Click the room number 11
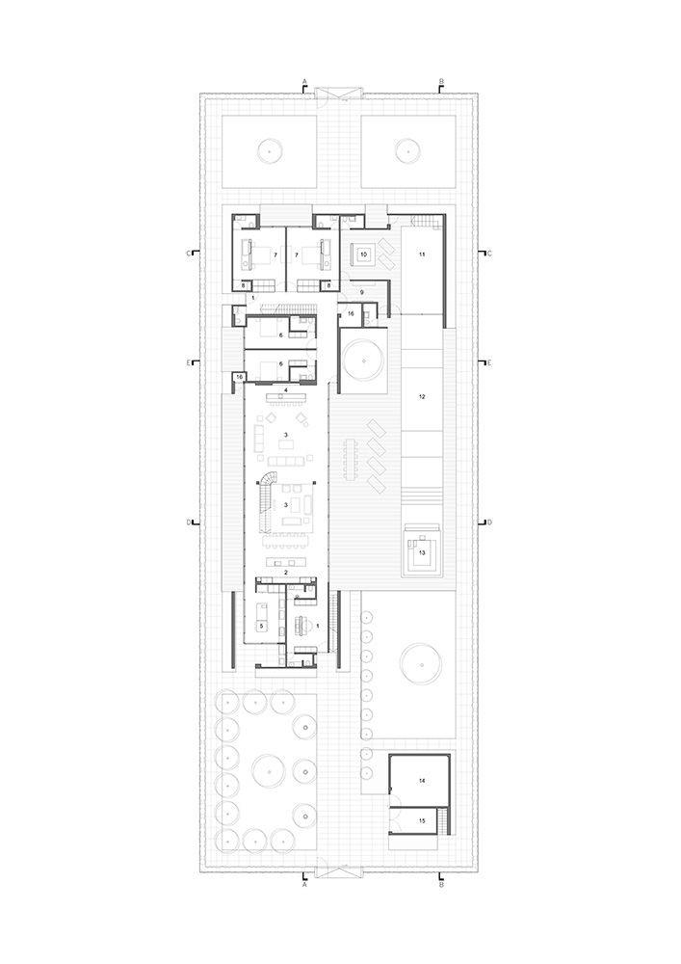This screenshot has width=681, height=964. coord(421,253)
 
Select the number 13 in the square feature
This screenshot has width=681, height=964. coord(421,551)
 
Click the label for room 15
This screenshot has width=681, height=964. coord(421,819)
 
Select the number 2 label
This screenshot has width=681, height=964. coord(286,572)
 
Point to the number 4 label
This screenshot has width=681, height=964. coord(286,389)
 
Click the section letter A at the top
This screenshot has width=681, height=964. coord(304,81)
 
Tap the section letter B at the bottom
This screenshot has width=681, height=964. coord(440,882)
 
